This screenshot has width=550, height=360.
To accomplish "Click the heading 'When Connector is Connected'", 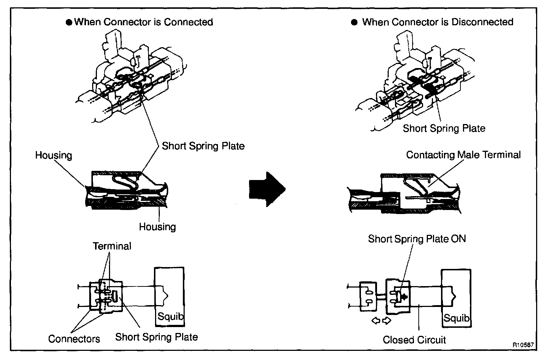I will (143, 22).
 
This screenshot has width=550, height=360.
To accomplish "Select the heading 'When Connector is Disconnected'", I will (437, 22).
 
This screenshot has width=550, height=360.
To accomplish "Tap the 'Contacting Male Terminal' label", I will (463, 155).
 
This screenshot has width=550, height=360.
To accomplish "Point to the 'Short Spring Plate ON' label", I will (417, 239).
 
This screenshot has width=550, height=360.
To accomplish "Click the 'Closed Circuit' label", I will (414, 340).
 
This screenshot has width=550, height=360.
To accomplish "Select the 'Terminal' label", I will (112, 246).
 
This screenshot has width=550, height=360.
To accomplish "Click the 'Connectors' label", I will (74, 339).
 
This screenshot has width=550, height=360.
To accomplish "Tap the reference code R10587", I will (523, 345).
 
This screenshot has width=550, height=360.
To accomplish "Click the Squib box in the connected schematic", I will (169, 297).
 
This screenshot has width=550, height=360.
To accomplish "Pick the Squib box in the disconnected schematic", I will (456, 298).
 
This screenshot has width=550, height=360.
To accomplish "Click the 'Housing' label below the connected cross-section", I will (157, 227).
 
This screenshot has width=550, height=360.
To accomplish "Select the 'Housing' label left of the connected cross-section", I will (53, 155).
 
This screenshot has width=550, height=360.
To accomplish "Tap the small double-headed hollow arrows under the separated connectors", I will (381, 321).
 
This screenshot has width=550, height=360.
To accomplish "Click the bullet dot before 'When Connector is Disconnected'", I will (354, 22).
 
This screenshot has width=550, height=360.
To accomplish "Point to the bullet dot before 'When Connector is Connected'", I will (69, 22).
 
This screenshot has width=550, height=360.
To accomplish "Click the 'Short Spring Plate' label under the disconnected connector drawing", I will (444, 128).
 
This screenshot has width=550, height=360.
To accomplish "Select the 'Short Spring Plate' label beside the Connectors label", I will (157, 337).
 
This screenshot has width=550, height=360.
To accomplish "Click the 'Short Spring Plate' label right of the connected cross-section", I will (203, 146).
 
